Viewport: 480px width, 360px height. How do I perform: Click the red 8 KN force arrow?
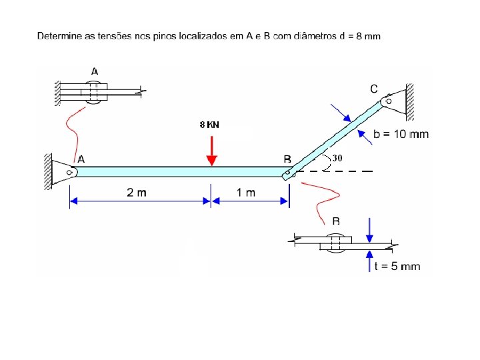coord(211,151)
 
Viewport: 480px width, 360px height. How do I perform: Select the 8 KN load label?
coord(209,125)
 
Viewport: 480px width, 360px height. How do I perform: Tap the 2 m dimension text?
coord(137,193)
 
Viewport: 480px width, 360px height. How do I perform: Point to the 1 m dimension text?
coord(246,193)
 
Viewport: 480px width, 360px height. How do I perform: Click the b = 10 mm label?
coord(401,134)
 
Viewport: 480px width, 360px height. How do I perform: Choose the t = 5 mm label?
coord(397,267)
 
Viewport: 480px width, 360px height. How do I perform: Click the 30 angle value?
coord(337,158)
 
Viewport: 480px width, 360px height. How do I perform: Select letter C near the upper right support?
coord(374,88)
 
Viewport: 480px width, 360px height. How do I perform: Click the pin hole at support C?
coord(389,101)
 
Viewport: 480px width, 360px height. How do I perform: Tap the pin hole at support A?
coord(68,172)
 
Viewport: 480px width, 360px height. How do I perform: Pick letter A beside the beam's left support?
coord(81,159)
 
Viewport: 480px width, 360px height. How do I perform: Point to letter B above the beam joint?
coord(287,159)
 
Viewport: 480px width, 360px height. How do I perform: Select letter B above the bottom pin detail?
coord(337,221)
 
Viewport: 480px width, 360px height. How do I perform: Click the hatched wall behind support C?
coord(409,100)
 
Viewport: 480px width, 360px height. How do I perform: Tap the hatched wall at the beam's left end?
coord(49,171)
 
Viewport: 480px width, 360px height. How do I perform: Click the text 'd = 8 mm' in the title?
coord(360,36)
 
